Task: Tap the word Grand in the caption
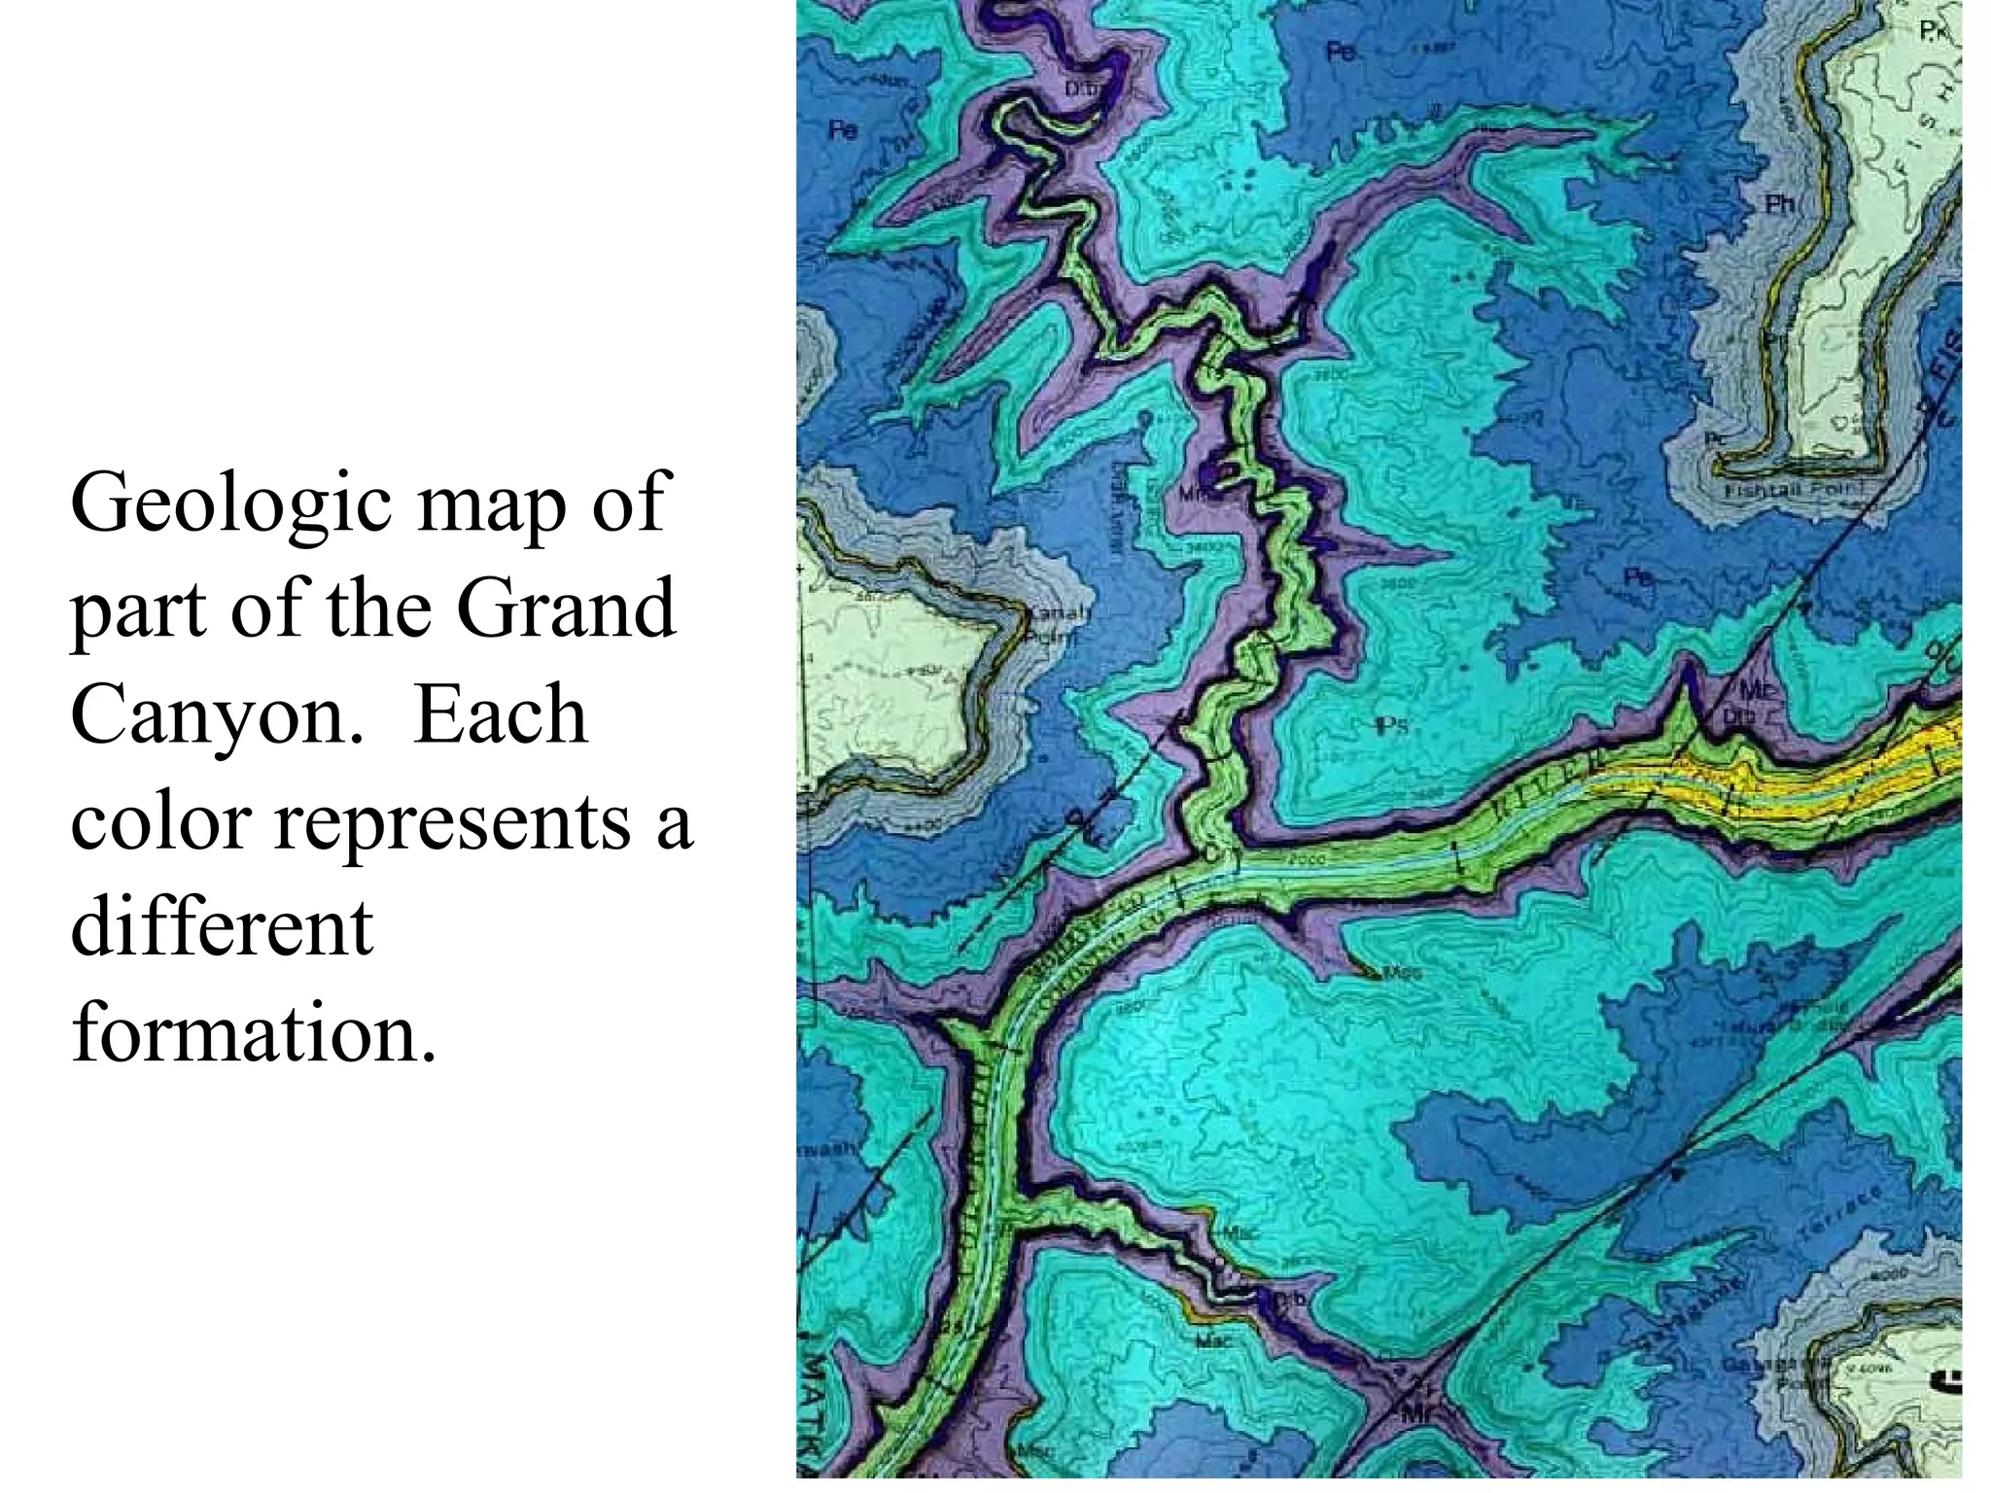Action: click(566, 609)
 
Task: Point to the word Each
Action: click(501, 716)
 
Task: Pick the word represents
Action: click(452, 821)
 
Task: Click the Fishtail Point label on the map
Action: click(1787, 491)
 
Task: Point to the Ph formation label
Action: click(1779, 204)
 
